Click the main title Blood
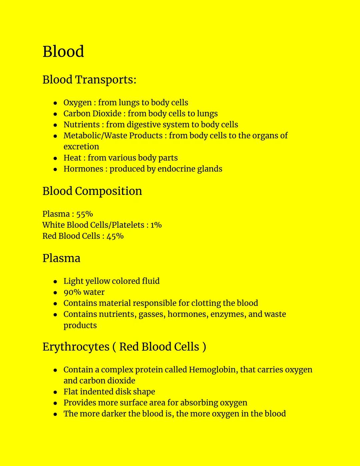[x=63, y=52]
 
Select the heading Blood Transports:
[x=89, y=80]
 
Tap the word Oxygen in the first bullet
[x=77, y=103]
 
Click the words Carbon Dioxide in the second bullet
[x=92, y=114]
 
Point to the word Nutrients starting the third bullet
[x=81, y=125]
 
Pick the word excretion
[x=81, y=147]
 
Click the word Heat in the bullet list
[x=72, y=158]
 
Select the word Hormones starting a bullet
[x=83, y=169]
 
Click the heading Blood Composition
[x=92, y=191]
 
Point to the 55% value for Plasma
[x=84, y=214]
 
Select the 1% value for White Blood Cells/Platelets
[x=156, y=225]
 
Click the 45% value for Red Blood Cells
[x=115, y=236]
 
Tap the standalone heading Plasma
[x=61, y=259]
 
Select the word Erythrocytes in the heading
[x=76, y=347]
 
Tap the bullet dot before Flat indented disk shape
[x=55, y=392]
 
